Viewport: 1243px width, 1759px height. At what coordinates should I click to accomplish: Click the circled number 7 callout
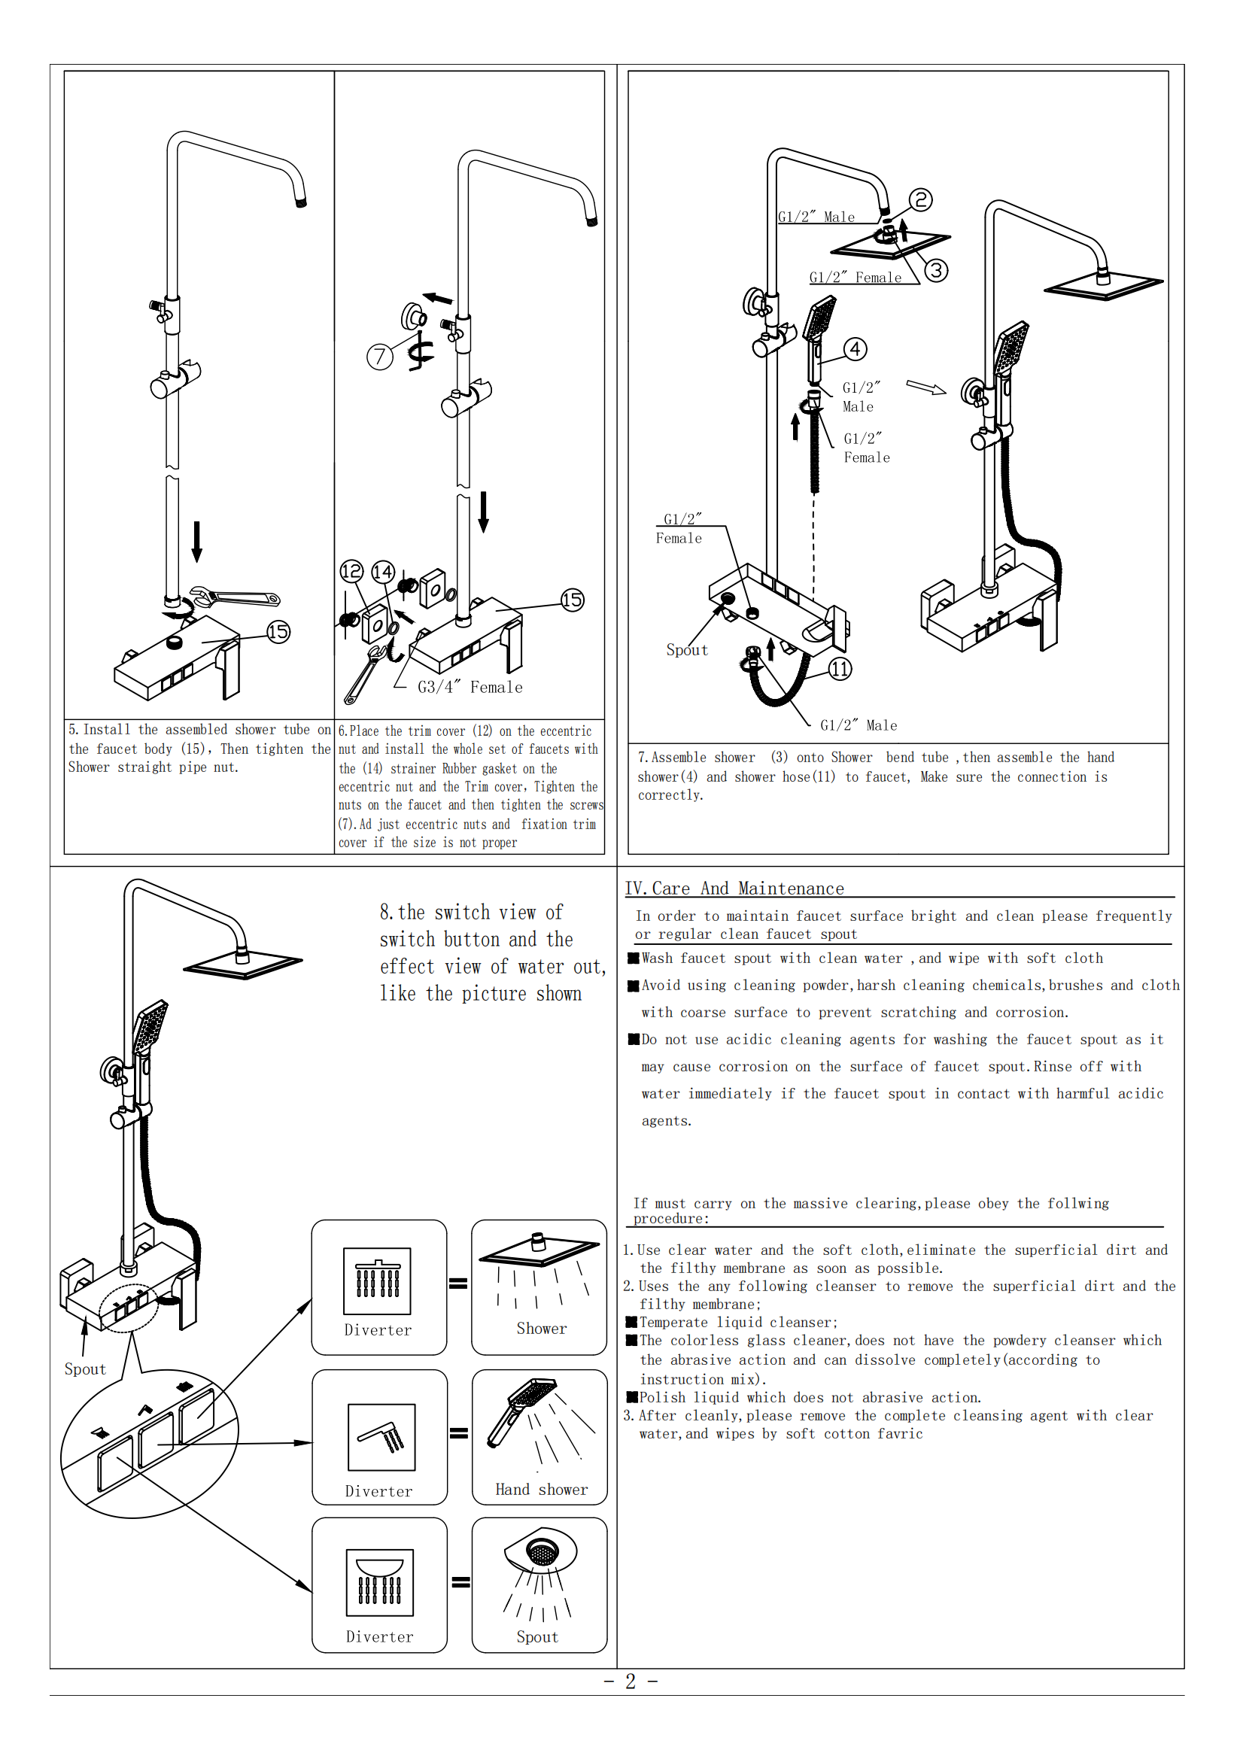(x=379, y=357)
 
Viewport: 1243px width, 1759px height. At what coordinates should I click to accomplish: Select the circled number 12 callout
(x=351, y=571)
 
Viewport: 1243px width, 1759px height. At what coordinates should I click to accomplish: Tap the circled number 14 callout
(x=382, y=572)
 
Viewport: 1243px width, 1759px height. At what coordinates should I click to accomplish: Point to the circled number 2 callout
(x=920, y=200)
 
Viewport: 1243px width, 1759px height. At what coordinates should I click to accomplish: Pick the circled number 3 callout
(x=936, y=270)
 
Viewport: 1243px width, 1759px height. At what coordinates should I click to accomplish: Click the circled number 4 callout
(x=856, y=349)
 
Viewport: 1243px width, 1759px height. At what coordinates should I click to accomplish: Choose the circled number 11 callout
(x=840, y=669)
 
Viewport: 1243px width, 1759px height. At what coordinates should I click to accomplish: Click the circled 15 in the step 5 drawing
(x=278, y=632)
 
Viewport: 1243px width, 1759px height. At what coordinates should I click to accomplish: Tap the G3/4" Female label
(x=470, y=687)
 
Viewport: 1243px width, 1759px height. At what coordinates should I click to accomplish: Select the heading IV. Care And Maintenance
(x=734, y=888)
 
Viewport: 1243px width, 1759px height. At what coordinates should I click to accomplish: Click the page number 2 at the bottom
(x=631, y=1681)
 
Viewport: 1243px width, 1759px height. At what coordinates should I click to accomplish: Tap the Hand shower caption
(x=541, y=1490)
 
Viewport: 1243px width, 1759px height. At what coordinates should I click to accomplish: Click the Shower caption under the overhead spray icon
(x=541, y=1329)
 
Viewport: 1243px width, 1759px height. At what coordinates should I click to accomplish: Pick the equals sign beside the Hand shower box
(x=458, y=1432)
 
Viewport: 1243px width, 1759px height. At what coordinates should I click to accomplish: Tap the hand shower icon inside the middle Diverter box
(x=381, y=1437)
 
